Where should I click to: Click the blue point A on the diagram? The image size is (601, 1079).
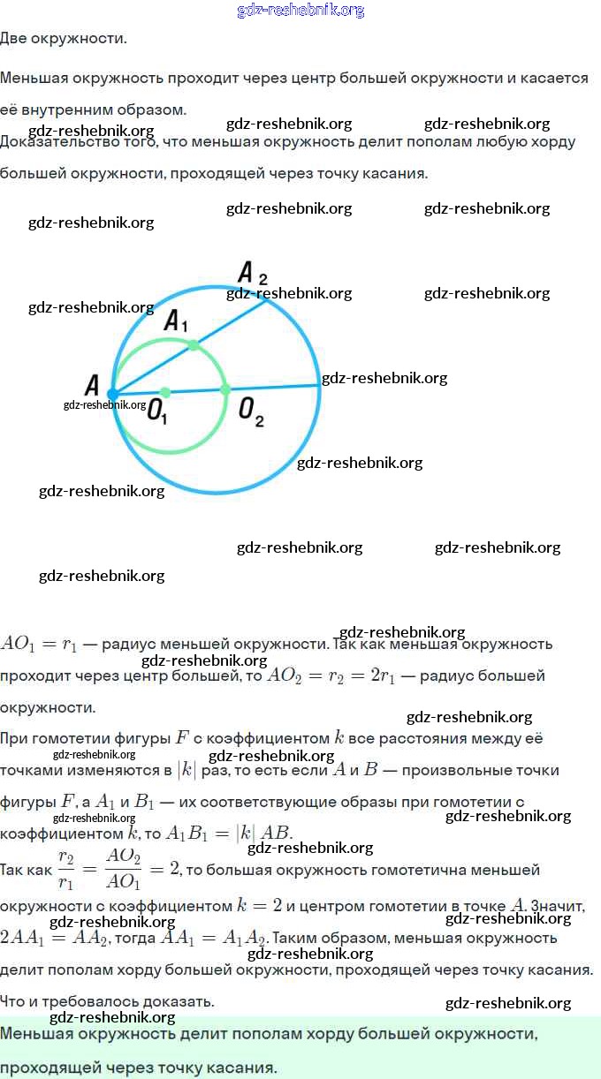click(x=112, y=394)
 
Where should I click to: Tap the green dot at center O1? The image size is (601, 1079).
click(x=164, y=392)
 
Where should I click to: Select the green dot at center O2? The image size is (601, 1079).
click(x=224, y=389)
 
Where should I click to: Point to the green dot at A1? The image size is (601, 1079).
click(x=194, y=345)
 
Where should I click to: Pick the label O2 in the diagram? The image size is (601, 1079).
click(x=251, y=411)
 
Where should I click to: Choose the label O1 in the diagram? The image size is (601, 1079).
click(x=157, y=411)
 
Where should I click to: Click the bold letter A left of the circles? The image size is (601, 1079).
click(x=91, y=386)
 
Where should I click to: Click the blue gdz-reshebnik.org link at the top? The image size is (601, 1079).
click(x=300, y=11)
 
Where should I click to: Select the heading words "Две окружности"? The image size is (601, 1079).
click(x=63, y=39)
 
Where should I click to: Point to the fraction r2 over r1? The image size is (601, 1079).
click(x=66, y=870)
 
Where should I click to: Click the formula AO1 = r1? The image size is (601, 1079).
click(x=39, y=644)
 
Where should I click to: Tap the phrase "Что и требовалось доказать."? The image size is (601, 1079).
click(x=107, y=1001)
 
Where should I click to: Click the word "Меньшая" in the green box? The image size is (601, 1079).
click(x=38, y=1033)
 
